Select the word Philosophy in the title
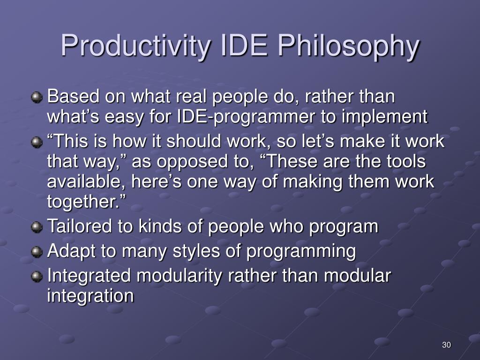coord(349,45)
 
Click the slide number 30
coord(446,345)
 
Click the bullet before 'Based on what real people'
coord(37,97)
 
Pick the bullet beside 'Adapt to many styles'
coord(37,252)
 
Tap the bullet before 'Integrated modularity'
coord(37,277)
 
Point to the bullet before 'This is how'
coord(37,142)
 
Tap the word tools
coord(406,161)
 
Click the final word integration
coord(90,296)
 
